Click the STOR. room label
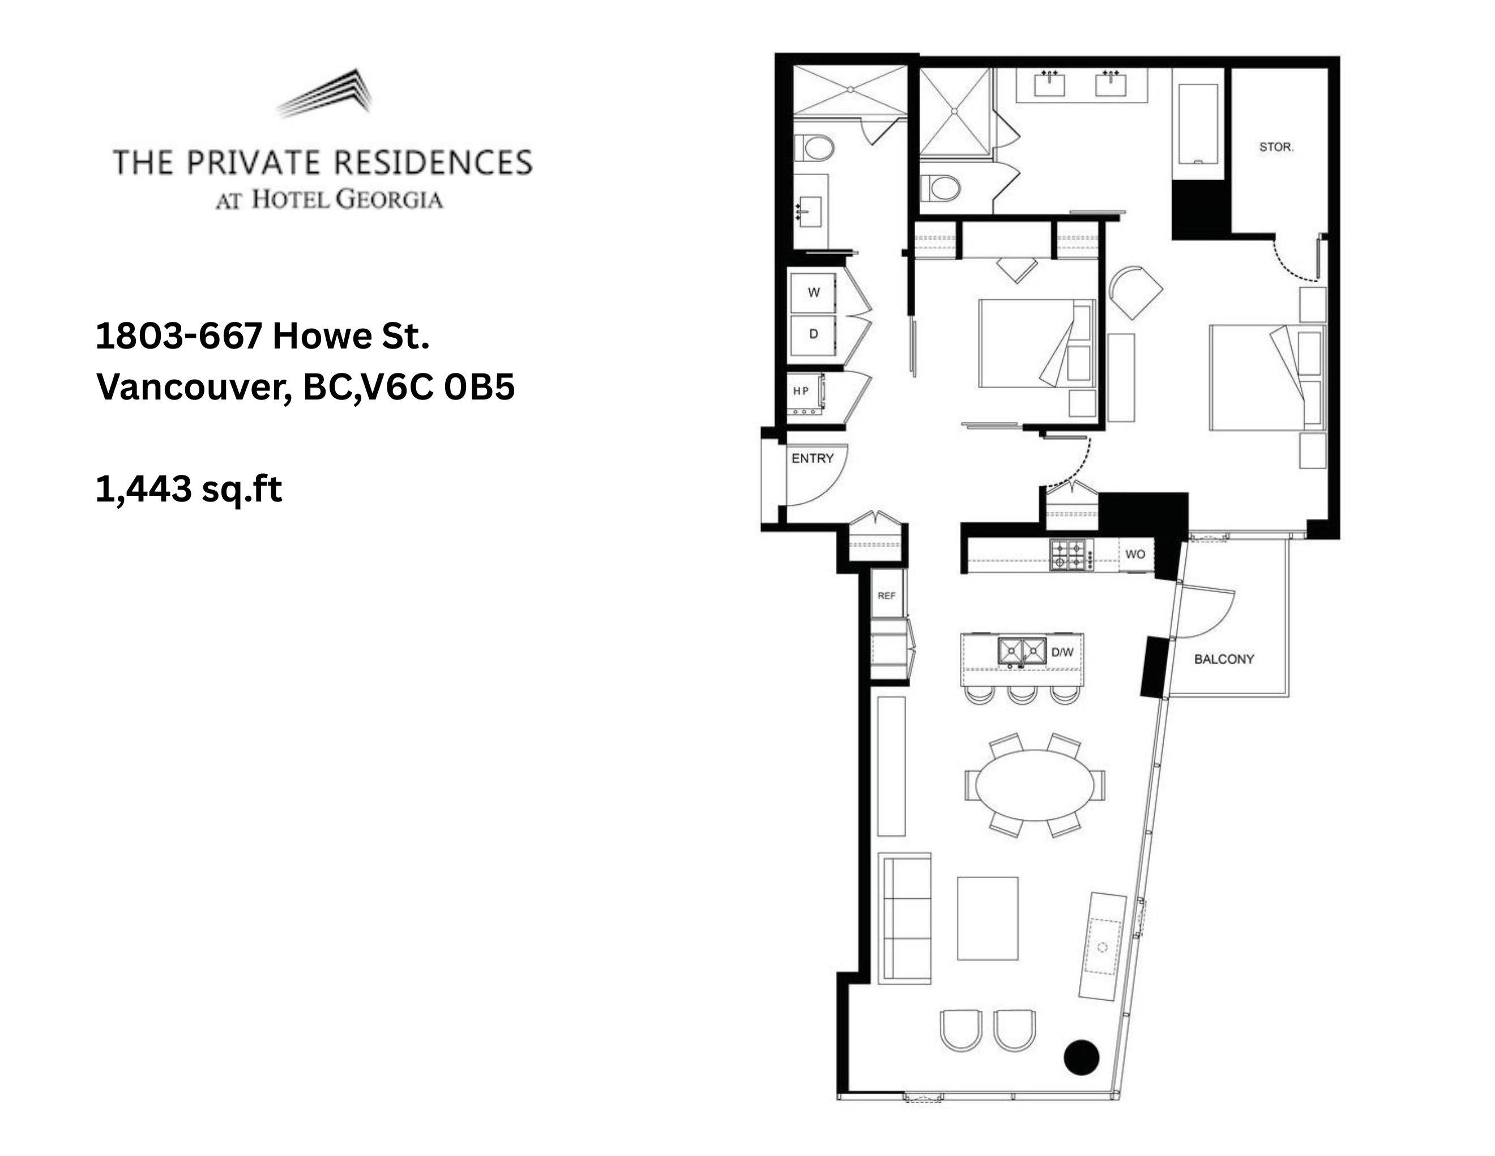1276,147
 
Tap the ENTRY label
813,458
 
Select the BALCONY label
1224,659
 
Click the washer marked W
813,292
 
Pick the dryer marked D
813,334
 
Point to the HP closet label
801,391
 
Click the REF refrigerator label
886,596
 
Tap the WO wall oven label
1135,554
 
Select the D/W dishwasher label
1062,652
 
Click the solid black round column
1082,1057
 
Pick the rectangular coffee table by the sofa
988,919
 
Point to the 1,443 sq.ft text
189,490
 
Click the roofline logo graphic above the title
327,92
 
